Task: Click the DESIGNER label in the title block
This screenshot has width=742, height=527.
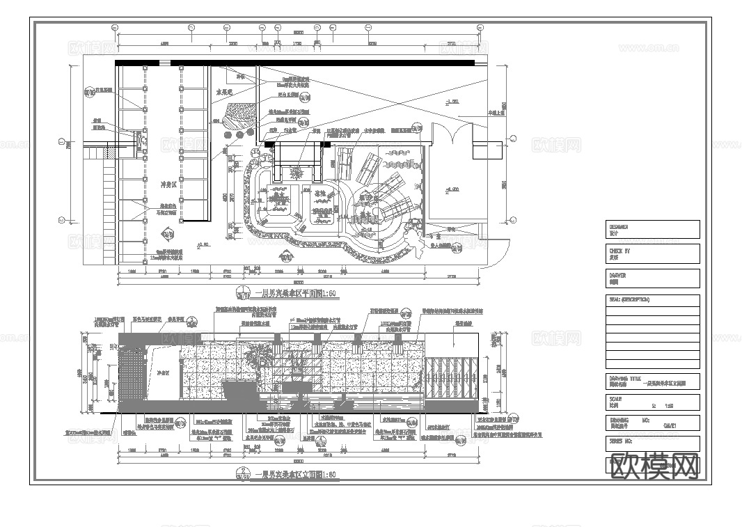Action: coord(619,226)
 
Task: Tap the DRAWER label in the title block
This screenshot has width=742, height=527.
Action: coord(618,275)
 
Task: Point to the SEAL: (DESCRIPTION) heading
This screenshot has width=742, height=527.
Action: coord(629,299)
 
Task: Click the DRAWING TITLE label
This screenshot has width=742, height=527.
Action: coord(623,378)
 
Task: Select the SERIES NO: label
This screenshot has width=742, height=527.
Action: coord(620,441)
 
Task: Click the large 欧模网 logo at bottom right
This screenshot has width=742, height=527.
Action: coord(654,466)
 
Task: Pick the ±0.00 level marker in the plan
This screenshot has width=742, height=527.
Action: coord(203,244)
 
